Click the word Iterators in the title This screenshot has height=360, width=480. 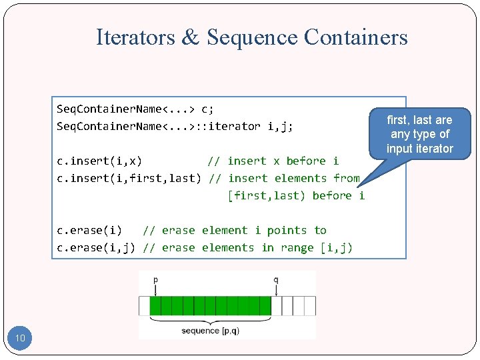(x=135, y=37)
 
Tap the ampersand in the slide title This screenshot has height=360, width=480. (x=190, y=37)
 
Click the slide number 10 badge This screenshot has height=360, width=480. (x=20, y=339)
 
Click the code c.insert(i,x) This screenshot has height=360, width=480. (x=99, y=161)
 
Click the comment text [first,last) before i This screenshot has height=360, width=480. (x=296, y=195)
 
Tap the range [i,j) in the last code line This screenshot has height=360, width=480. (x=337, y=247)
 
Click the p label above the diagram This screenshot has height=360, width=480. (x=155, y=281)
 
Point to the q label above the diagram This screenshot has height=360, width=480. (x=276, y=281)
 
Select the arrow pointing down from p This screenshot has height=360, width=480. (x=155, y=290)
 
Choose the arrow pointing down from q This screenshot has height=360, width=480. (x=276, y=290)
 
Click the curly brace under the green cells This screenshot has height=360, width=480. (x=210, y=320)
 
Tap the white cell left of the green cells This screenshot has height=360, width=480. (x=144, y=306)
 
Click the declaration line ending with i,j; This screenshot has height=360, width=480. (x=175, y=126)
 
